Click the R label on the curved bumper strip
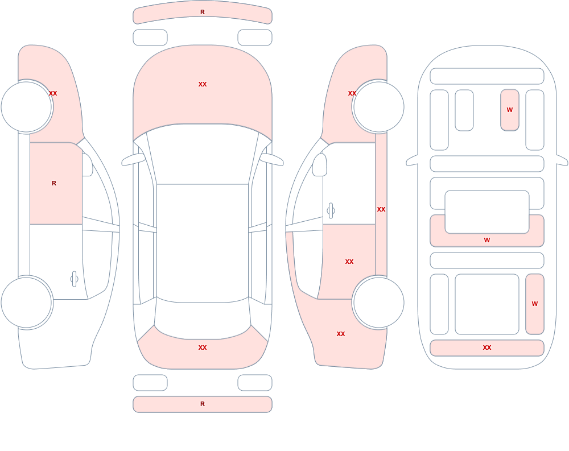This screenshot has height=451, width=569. coord(203,12)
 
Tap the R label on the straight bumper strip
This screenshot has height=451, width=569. coord(203,404)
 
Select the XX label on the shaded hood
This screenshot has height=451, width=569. coord(203,84)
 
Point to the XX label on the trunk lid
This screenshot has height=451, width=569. coord(203,347)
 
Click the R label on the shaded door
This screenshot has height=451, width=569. coord(54,183)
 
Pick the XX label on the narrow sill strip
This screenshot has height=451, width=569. coord(381,209)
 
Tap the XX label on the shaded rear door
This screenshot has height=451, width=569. coord(349,262)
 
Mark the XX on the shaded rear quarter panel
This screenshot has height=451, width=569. coord(341,334)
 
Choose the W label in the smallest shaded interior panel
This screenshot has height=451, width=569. coord(510,110)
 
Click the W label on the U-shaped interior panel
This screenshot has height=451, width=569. coord(487,240)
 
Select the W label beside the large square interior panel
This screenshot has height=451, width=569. coord(535,304)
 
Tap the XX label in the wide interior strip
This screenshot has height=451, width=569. coord(487,347)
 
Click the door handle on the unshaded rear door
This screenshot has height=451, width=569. coord(74,279)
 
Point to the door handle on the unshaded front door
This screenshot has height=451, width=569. coord(331,211)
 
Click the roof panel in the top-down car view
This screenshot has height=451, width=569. coord(203,243)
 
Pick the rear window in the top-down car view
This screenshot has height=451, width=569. coord(203,319)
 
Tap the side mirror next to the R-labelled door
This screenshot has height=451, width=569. coord(87,165)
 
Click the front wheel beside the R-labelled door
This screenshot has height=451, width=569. coord(26,107)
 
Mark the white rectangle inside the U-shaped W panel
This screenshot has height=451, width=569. coord(487,212)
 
